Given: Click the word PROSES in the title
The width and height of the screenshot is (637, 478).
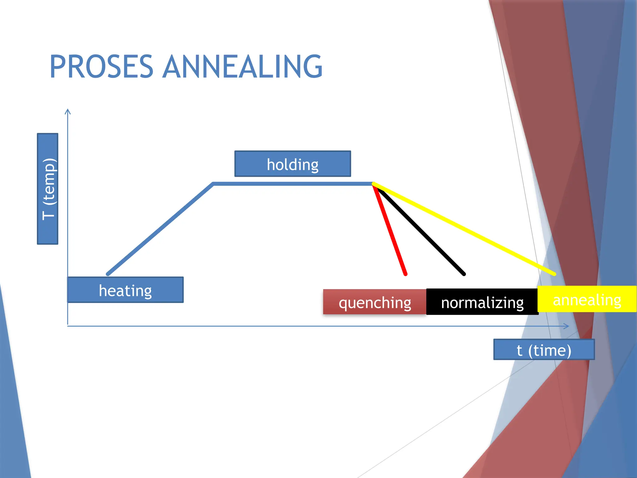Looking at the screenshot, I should pyautogui.click(x=101, y=67).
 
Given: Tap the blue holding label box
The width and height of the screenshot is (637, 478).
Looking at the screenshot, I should pyautogui.click(x=293, y=164).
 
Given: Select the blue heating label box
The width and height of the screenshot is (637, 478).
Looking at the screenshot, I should pyautogui.click(x=125, y=290).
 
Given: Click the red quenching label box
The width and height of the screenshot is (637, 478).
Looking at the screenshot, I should pyautogui.click(x=374, y=302).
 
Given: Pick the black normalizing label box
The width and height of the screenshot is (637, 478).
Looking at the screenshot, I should pyautogui.click(x=482, y=302).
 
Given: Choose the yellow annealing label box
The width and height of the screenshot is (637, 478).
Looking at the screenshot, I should pyautogui.click(x=587, y=299).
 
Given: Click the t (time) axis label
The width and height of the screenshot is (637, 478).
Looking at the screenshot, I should pyautogui.click(x=544, y=350).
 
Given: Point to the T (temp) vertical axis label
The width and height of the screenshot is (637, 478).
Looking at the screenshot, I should pyautogui.click(x=48, y=189).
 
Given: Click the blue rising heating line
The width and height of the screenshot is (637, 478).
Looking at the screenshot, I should pyautogui.click(x=160, y=229).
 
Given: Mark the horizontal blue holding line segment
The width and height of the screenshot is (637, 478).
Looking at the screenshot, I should pyautogui.click(x=292, y=184).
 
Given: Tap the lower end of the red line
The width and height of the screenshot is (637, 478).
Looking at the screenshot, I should pyautogui.click(x=405, y=274).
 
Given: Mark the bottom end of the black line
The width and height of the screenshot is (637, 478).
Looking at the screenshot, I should pyautogui.click(x=464, y=274).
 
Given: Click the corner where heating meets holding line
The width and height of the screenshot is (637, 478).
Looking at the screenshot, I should pyautogui.click(x=213, y=184).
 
